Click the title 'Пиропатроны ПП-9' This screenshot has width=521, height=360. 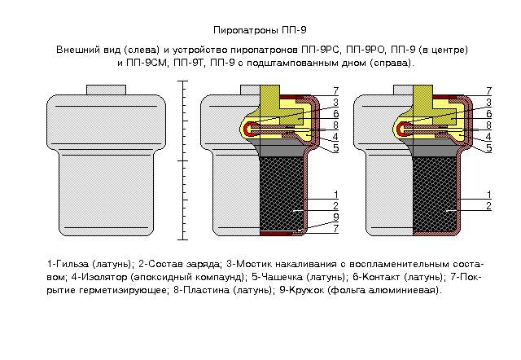(260, 30)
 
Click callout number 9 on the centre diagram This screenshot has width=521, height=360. (336, 217)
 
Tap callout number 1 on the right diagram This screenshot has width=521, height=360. (488, 195)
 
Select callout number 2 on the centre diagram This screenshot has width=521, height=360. (336, 206)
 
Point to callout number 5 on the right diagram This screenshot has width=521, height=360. (488, 148)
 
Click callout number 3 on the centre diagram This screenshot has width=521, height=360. (336, 103)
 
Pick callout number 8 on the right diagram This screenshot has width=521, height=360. (488, 125)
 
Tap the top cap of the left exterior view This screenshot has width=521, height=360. (107, 90)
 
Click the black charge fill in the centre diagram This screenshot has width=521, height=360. (282, 194)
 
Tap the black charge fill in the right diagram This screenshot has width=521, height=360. (436, 194)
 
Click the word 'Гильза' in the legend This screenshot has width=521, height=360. (72, 264)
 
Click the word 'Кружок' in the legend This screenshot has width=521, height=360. (307, 290)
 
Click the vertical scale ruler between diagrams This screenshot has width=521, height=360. (182, 160)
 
